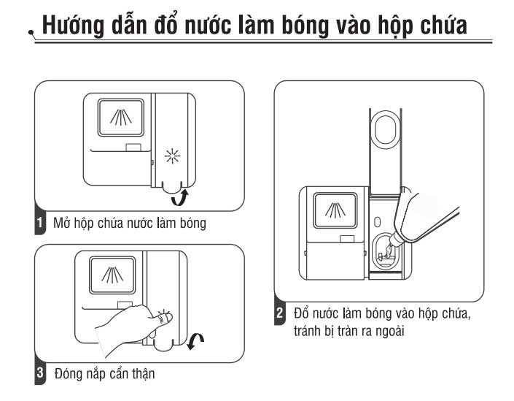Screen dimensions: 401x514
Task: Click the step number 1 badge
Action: coord(41,223)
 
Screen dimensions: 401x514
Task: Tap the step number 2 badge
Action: coord(281,315)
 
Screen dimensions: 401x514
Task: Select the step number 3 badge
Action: coord(41,373)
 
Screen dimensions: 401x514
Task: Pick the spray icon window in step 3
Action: coord(109,276)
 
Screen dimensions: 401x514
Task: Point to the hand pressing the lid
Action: coord(131,325)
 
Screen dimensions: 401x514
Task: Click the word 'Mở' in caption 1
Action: coord(61,224)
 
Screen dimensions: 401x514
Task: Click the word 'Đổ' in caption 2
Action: coord(300,314)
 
